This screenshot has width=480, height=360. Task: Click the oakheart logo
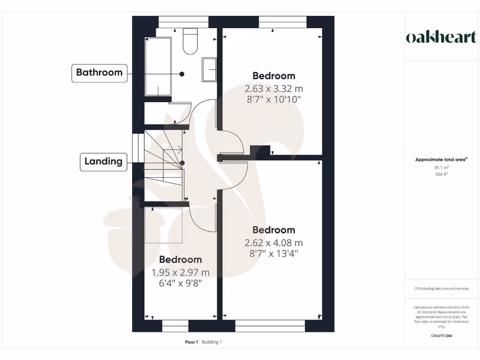pos(441,37)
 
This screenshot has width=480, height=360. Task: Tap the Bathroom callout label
pos(99,73)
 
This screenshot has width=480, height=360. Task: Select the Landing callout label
pos(103,162)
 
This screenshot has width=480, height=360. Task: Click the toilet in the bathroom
pos(190,41)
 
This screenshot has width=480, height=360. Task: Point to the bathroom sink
pos(209,70)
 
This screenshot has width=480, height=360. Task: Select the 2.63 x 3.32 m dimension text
pos(274,89)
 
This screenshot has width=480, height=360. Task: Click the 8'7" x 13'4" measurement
pos(274,254)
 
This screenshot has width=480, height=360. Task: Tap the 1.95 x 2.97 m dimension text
pos(180,273)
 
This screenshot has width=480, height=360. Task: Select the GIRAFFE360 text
pos(441,336)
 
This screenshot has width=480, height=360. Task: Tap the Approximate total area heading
pos(441,160)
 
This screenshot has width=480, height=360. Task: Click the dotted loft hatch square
pos(164,225)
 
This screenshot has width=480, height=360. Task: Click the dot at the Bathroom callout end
pos(182,74)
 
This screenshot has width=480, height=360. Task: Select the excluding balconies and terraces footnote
pos(441,289)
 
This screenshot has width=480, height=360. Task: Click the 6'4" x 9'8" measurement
pos(180,284)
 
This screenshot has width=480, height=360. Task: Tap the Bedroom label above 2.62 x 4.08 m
pos(274,230)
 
